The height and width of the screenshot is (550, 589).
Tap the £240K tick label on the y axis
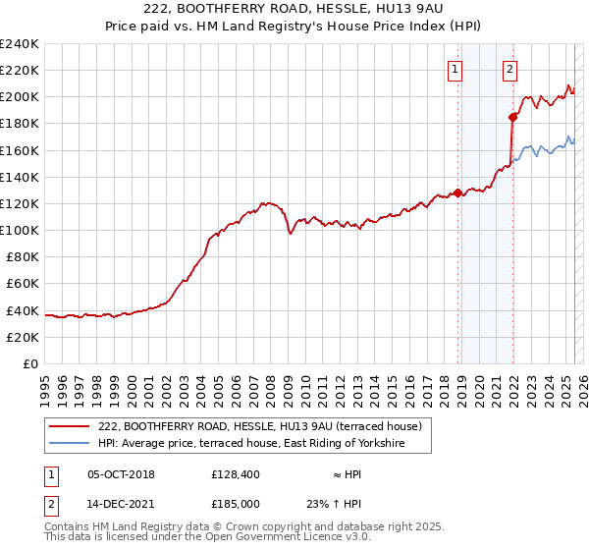click(20, 44)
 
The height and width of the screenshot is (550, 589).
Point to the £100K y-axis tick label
click(20, 230)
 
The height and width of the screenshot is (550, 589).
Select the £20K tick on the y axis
click(24, 337)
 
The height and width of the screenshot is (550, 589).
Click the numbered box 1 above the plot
click(456, 70)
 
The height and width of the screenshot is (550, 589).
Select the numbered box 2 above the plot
click(510, 70)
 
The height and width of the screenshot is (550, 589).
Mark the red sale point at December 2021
click(512, 117)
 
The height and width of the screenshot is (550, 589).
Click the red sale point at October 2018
click(457, 192)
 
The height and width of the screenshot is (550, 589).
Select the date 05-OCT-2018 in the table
click(121, 474)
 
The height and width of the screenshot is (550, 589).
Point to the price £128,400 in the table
click(237, 474)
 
